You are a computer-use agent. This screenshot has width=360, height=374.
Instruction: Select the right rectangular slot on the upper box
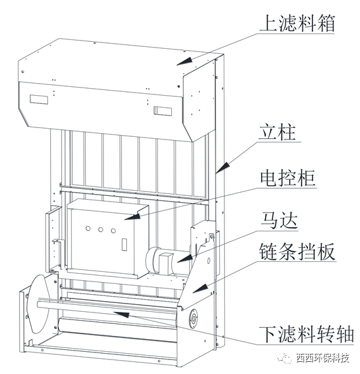click(x=161, y=111)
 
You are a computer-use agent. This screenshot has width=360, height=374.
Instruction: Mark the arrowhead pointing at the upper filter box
click(x=183, y=61)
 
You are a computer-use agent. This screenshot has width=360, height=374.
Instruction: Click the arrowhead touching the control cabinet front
click(x=130, y=217)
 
